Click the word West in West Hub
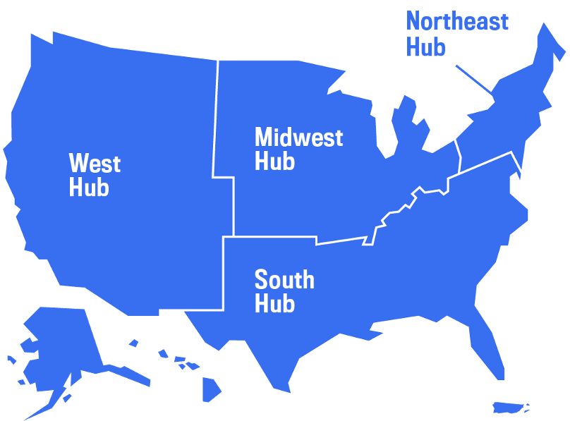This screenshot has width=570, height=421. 95,164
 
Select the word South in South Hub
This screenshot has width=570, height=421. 284,280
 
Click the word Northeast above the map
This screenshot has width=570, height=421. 457,21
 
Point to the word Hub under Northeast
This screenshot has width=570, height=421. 426,47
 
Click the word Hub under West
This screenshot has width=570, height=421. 89,188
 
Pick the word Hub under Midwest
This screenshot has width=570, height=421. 274,161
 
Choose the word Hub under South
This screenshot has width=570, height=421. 274,305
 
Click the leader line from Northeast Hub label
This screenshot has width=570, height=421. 473,78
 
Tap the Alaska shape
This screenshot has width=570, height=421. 63,346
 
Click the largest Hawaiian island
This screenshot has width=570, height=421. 212,389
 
